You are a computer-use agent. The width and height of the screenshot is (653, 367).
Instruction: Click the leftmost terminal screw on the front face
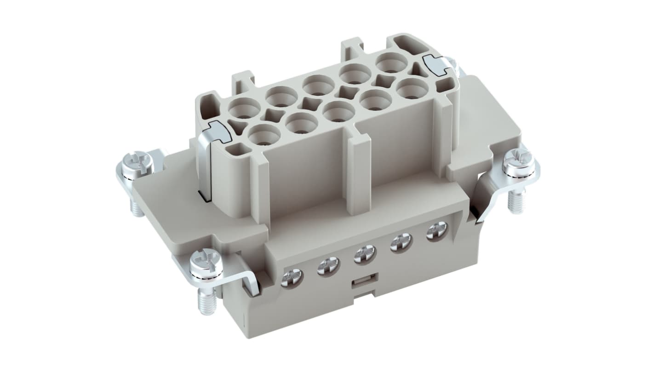click(292, 278)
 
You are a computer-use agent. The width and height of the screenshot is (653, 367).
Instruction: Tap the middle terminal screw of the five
click(365, 254)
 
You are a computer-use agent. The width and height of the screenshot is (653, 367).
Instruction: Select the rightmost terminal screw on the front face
click(436, 231)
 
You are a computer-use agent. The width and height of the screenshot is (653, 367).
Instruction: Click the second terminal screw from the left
click(328, 266)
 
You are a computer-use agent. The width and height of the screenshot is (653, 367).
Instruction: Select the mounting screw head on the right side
click(519, 161)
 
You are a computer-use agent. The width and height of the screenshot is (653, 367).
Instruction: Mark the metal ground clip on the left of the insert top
click(217, 132)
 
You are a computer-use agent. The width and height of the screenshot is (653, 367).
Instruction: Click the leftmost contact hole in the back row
click(244, 109)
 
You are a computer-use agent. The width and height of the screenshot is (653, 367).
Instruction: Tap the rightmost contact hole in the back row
click(391, 62)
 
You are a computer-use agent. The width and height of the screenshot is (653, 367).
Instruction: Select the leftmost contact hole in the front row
click(264, 134)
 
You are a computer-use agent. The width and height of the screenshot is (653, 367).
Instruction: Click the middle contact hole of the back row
click(318, 85)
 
